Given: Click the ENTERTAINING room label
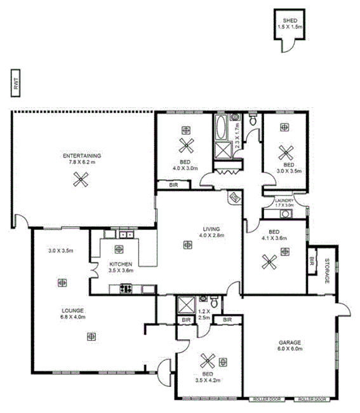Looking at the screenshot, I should pyautogui.click(x=81, y=156).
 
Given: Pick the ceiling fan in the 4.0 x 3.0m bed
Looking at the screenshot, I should pyautogui.click(x=185, y=146).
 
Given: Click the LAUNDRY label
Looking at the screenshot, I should pyautogui.click(x=284, y=200).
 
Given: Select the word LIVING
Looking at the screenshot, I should pyautogui.click(x=211, y=229).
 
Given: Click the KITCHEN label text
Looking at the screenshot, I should pyautogui.click(x=120, y=264).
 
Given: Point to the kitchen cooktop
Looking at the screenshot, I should pyautogui.click(x=124, y=289).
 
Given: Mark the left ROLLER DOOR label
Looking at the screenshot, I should pyautogui.click(x=267, y=400).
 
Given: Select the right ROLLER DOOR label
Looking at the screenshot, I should pyautogui.click(x=313, y=400).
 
